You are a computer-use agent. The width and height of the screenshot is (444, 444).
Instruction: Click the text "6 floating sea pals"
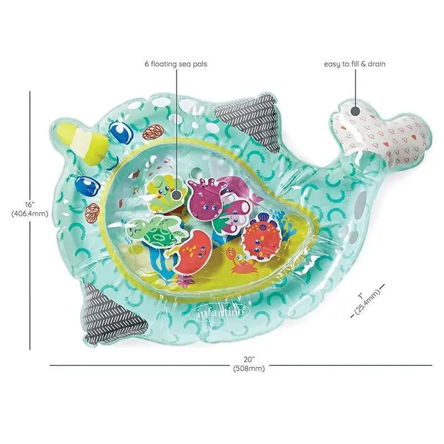click(x=176, y=64)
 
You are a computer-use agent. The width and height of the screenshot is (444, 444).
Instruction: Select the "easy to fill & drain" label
click(x=355, y=64)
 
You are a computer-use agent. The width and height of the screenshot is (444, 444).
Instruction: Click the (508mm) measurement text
click(x=249, y=368)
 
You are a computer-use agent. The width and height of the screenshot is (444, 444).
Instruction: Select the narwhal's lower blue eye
click(x=85, y=186)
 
